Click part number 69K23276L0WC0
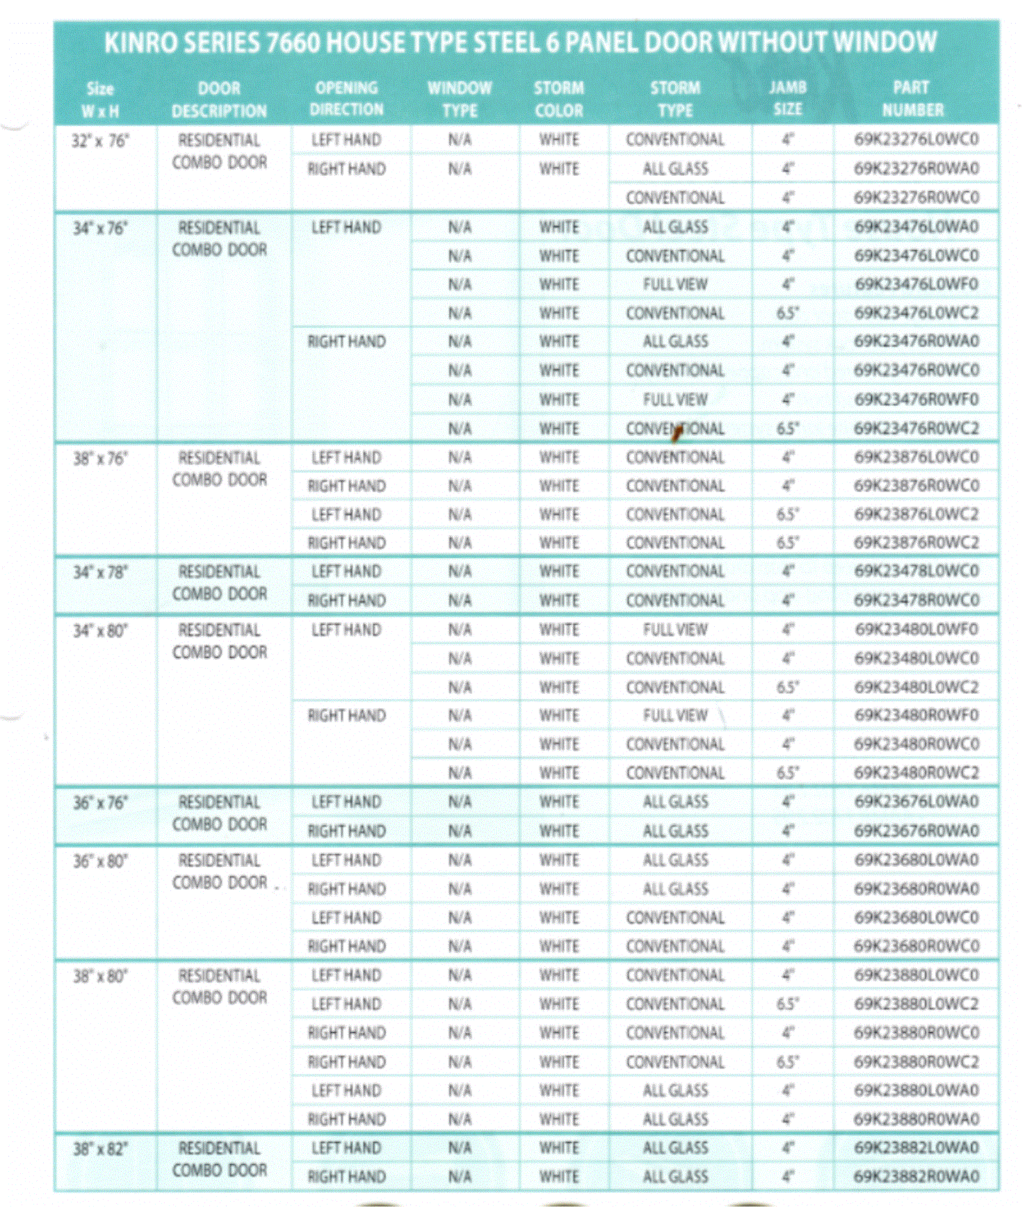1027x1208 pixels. click(916, 140)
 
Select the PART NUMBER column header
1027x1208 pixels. click(912, 99)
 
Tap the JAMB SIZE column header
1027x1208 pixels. click(787, 98)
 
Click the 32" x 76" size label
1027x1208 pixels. click(100, 141)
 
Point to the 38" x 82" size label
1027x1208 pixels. click(100, 1149)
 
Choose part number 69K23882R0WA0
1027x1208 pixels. click(916, 1176)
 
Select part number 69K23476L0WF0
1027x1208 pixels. click(916, 284)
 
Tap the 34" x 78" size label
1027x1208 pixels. click(100, 572)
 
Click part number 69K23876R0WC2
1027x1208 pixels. click(916, 543)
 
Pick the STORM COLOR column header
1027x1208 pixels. click(558, 99)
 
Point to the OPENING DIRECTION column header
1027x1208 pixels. click(346, 99)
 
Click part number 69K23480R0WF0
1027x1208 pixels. click(916, 715)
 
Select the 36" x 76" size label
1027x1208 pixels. click(100, 803)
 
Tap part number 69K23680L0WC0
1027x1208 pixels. click(916, 917)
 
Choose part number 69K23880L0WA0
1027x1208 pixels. click(916, 1090)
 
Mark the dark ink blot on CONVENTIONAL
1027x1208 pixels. click(676, 432)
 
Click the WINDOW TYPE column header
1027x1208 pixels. click(459, 99)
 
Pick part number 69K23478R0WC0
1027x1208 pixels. click(916, 600)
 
